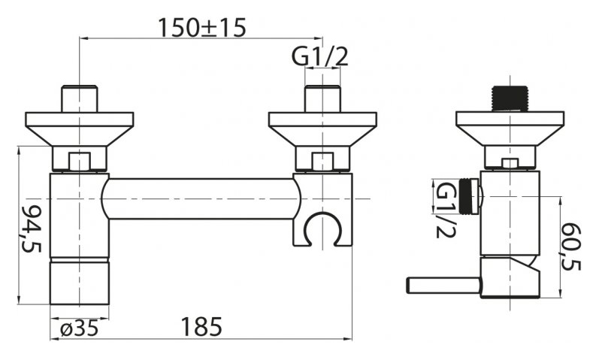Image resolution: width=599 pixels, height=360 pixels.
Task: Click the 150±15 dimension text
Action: coord(201,28)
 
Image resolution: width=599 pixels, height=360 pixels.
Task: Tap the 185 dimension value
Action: coord(201,327)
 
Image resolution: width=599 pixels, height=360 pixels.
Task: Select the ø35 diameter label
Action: coord(80,328)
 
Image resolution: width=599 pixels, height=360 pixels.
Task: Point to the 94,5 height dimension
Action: coord(32,228)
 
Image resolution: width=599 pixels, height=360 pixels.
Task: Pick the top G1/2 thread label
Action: coord(319,57)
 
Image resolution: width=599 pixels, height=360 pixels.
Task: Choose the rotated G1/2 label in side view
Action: coord(445,210)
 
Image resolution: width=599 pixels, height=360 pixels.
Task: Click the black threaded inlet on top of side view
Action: coord(510,99)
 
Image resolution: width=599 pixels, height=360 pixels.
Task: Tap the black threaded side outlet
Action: coord(470,196)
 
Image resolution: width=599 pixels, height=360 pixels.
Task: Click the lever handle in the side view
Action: coord(443,286)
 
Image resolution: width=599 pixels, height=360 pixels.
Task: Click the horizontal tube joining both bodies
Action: coord(201,198)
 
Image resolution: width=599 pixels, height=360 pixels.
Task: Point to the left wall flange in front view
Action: coord(80,129)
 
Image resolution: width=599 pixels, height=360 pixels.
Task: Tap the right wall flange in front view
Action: coord(323,129)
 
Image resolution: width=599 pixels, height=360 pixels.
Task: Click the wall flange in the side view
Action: coord(510,129)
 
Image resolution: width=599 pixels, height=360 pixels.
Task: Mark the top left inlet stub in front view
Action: coord(80,99)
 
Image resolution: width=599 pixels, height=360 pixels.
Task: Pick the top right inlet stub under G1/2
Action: coord(323,99)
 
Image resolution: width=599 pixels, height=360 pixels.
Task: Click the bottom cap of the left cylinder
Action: coord(80,281)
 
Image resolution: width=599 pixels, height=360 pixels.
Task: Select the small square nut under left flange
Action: coord(80,162)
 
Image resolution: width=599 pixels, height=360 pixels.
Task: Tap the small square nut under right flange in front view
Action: coord(323,162)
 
